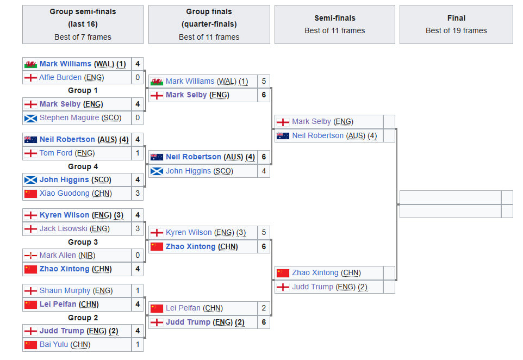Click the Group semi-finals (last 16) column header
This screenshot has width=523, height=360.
click(83, 24)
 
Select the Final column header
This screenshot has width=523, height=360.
click(456, 24)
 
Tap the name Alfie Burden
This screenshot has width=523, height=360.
click(60, 77)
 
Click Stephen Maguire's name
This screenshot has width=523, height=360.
click(69, 117)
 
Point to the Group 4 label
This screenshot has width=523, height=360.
click(83, 166)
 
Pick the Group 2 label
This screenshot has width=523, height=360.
click(83, 318)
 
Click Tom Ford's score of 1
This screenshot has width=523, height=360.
click(138, 153)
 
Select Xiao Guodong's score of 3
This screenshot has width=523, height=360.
click(138, 193)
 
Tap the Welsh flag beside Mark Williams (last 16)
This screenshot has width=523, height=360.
click(30, 64)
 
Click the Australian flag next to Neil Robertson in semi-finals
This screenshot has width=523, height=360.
click(283, 136)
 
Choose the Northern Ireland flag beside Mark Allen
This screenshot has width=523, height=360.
click(30, 255)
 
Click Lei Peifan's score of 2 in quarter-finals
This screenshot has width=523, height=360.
click(264, 308)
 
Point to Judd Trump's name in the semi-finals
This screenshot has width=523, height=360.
click(313, 287)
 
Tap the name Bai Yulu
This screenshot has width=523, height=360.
click(57, 344)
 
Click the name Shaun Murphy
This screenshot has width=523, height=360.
click(65, 290)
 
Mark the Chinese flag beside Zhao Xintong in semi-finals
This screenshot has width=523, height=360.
click(283, 273)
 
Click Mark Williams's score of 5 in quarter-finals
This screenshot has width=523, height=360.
click(264, 81)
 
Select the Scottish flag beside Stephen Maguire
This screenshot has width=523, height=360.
click(30, 117)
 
